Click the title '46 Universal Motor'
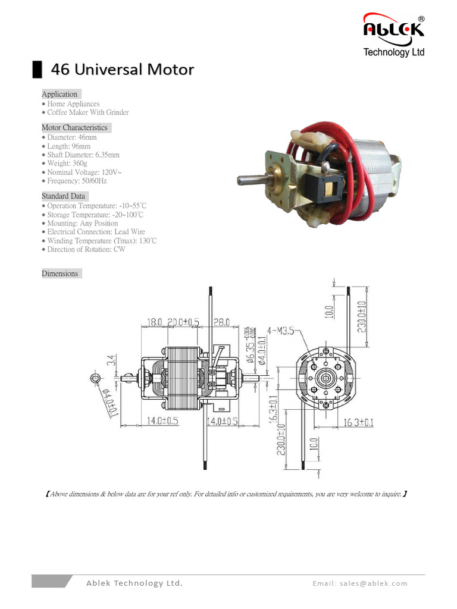tap(123, 70)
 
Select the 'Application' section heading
tap(60, 94)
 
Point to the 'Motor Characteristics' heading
tap(74, 127)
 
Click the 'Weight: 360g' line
tap(67, 163)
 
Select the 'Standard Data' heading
tap(64, 196)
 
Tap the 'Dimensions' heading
tap(60, 274)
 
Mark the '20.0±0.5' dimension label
tap(183, 322)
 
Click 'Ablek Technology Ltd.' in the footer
tap(134, 583)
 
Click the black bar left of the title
tap(37, 69)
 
